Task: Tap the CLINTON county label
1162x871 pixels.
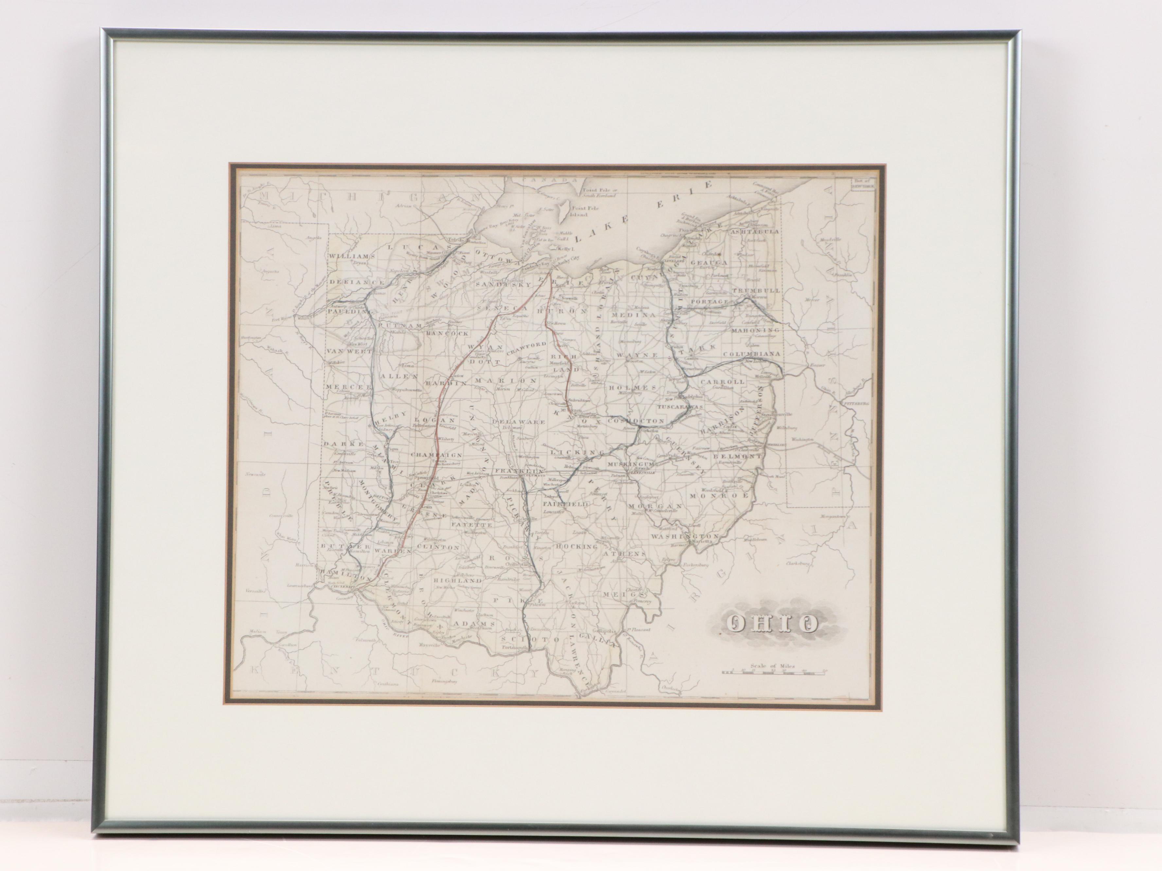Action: (x=438, y=547)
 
